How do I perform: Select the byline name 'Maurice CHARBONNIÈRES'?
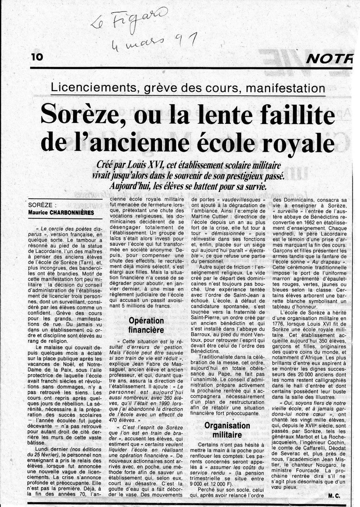pyautogui.click(x=61, y=213)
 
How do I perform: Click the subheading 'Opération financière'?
pyautogui.click(x=146, y=325)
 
